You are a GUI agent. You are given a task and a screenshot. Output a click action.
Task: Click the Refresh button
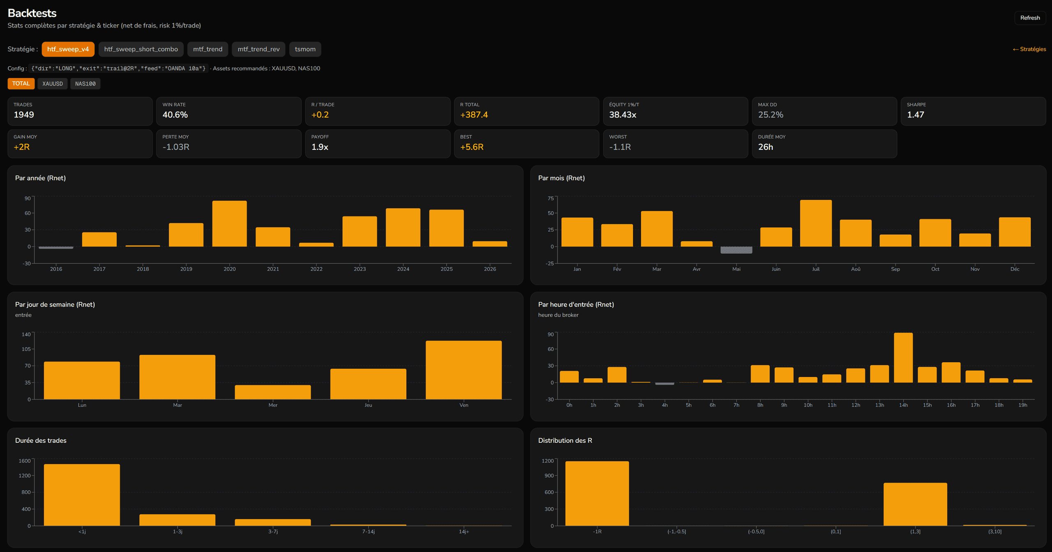(x=1030, y=18)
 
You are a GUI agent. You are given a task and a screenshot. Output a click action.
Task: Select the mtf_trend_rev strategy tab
(x=258, y=49)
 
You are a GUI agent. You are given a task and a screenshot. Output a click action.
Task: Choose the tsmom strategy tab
(x=305, y=49)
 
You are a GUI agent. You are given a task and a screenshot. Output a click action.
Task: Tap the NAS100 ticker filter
(x=85, y=84)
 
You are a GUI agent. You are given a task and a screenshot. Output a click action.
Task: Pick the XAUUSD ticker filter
(x=53, y=84)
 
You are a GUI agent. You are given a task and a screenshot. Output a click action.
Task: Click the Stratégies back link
(x=1029, y=49)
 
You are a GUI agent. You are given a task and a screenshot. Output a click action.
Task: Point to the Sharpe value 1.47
(x=916, y=115)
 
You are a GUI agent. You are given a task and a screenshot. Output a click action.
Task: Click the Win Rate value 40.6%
(x=175, y=115)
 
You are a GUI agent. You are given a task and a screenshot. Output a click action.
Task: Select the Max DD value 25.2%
(x=771, y=115)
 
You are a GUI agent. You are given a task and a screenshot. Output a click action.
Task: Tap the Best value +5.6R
(x=472, y=147)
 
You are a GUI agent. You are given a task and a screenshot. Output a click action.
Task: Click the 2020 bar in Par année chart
(x=230, y=223)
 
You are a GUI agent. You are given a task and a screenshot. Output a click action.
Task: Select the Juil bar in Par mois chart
(x=816, y=223)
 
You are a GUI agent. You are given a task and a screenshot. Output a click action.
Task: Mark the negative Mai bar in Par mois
(x=736, y=250)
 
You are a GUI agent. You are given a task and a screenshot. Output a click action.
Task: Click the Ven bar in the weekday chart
(x=464, y=370)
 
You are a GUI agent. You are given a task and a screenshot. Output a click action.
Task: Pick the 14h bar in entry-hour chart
(x=903, y=357)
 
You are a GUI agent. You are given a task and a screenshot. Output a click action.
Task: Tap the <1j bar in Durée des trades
(x=82, y=494)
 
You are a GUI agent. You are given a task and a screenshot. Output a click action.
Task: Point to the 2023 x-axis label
(x=360, y=269)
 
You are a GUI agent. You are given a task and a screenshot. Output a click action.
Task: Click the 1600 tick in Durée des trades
(x=25, y=461)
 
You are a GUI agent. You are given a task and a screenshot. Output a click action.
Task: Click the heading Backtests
(x=32, y=13)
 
